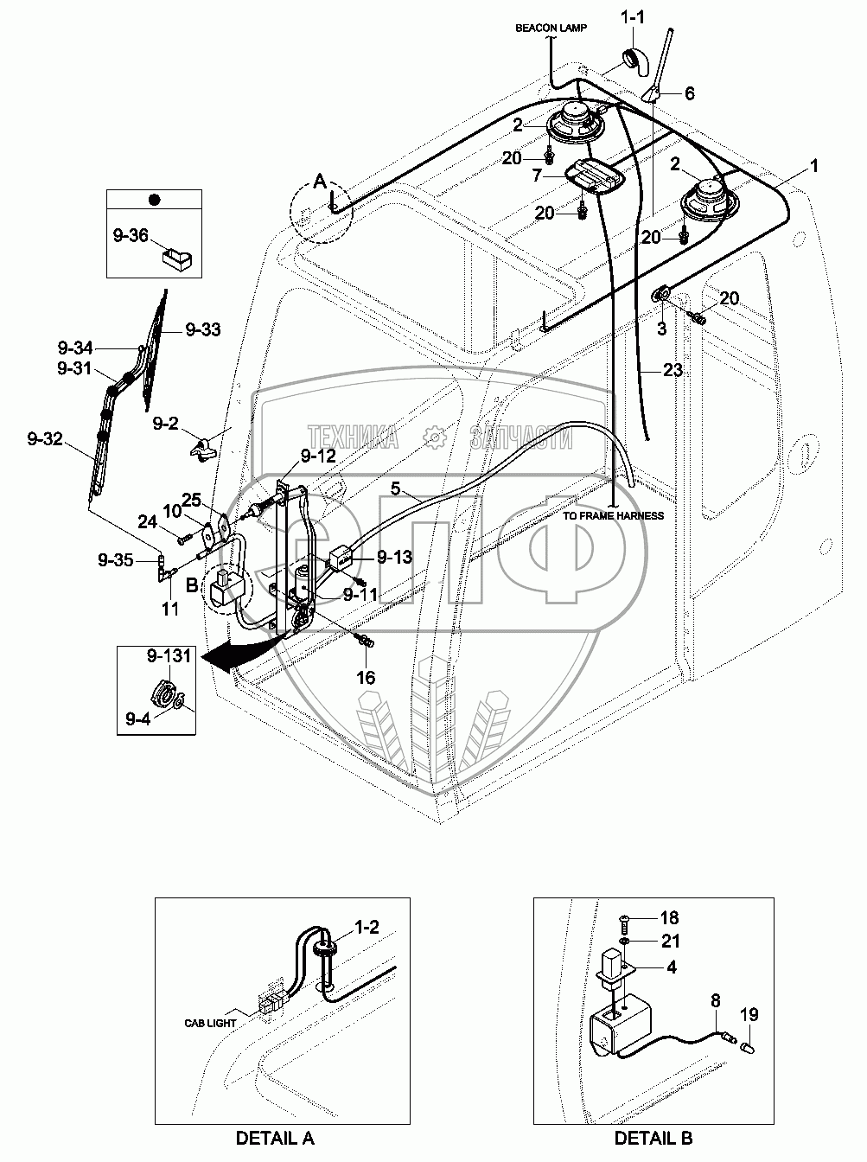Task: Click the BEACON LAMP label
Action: [551, 28]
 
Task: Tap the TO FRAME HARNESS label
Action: [613, 516]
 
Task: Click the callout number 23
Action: [673, 370]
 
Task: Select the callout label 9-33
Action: [202, 329]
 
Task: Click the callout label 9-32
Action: [44, 438]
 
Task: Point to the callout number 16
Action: [367, 677]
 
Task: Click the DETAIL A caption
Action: [275, 1138]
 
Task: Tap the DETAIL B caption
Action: [653, 1138]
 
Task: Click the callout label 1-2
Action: [367, 927]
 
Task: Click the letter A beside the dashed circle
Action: [320, 182]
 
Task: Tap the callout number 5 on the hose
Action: [394, 488]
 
